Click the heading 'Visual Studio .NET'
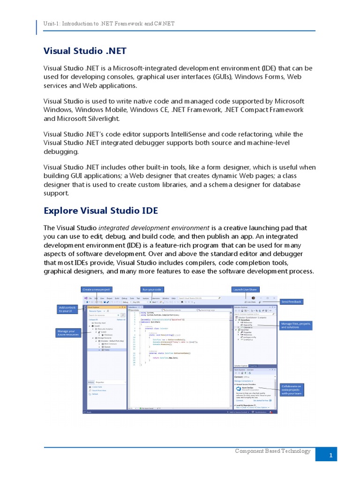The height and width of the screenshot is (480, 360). point(85,50)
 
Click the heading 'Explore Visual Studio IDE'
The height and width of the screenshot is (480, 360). point(100,210)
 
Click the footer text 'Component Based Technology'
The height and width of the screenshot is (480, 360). point(273,451)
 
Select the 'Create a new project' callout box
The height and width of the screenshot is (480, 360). point(97,290)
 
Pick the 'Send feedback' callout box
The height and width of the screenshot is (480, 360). point(291,301)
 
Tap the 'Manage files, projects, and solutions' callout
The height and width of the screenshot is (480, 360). point(295,325)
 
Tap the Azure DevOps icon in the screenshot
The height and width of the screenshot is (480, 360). point(239,389)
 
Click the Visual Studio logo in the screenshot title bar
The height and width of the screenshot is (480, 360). point(85,298)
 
